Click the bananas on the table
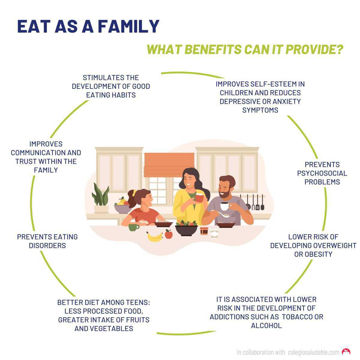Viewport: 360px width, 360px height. click(155, 237)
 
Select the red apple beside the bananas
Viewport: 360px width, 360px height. click(169, 234)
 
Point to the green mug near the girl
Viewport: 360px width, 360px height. click(133, 227)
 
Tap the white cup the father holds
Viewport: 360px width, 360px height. click(224, 206)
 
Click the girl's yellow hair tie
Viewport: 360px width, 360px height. click(134, 192)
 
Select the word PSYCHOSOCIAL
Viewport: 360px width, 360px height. click(322, 173)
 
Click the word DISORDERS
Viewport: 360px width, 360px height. click(47, 245)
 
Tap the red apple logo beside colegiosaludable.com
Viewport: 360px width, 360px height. click(346, 352)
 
